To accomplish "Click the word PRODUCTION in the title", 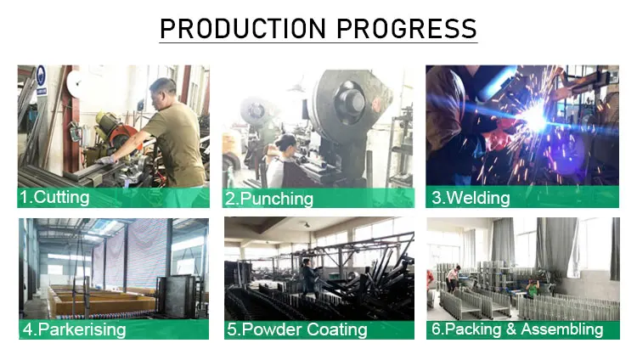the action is click(243, 28).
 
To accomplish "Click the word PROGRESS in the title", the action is click(407, 28).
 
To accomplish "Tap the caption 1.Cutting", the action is click(54, 198).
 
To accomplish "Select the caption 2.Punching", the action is click(269, 199).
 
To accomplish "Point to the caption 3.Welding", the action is click(471, 198).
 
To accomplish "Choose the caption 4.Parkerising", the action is click(74, 329).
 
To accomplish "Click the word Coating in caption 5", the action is click(337, 329).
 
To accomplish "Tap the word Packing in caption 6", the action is click(473, 329).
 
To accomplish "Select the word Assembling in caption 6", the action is click(562, 329).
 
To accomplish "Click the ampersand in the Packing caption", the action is click(510, 329).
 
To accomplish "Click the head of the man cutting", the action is click(162, 90).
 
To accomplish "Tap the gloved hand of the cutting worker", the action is click(105, 160).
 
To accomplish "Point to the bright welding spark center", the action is click(534, 118).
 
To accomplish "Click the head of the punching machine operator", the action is click(285, 143).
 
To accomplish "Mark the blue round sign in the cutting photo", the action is click(41, 76).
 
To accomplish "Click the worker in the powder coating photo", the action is click(310, 275).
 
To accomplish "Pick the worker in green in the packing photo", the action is click(533, 289).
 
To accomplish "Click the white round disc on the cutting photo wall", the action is click(75, 84).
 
